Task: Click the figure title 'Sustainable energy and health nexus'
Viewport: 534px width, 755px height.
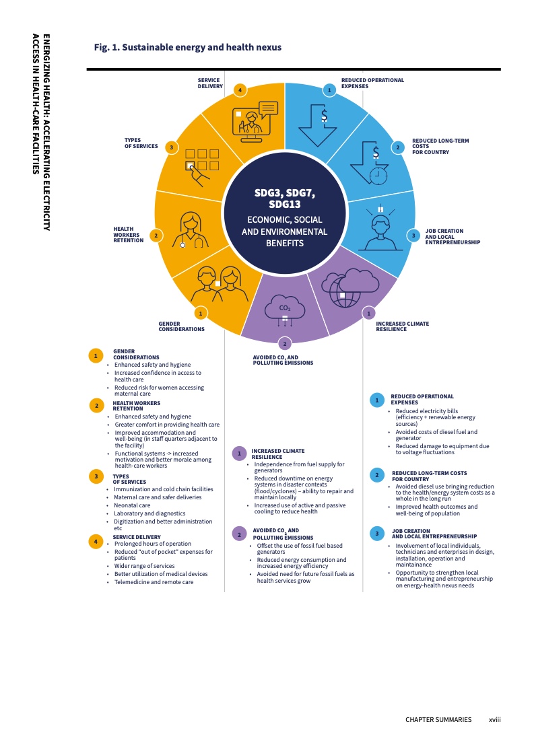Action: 201,47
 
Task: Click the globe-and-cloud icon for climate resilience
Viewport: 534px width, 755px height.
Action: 349,288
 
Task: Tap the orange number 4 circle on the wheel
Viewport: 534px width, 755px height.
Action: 240,89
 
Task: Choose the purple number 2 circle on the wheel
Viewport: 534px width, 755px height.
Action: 285,343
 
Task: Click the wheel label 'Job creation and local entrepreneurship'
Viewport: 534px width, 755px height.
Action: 453,236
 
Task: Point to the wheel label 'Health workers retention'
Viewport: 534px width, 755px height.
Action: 129,234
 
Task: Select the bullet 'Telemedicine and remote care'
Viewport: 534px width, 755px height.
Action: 154,582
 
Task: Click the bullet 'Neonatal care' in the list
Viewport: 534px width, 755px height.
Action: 132,505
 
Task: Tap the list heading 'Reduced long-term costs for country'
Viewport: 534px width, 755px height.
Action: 430,476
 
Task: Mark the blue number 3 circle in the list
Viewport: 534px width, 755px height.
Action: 377,533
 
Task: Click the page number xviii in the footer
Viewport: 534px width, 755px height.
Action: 494,720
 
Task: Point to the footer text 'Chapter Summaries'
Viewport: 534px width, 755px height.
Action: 438,720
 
